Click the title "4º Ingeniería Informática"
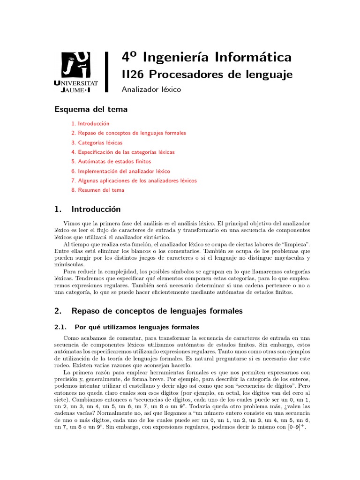coord(206,57)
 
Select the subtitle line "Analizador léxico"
coord(151,89)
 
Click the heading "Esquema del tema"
coord(91,109)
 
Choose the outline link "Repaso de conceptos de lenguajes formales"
coord(132,133)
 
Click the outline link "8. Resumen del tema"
coord(98,190)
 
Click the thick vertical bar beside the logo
coord(107,71)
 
